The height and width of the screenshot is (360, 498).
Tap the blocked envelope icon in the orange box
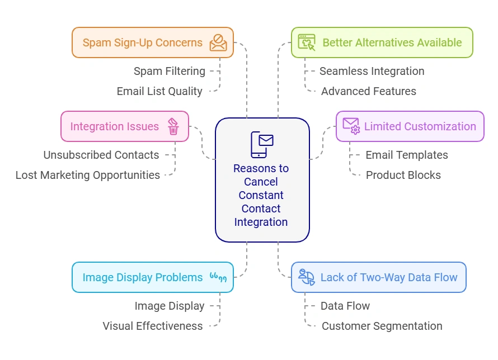[218, 42]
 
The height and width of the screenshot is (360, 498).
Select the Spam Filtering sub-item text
[169, 71]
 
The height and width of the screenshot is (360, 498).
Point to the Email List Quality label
[159, 91]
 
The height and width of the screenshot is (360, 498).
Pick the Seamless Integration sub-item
[372, 71]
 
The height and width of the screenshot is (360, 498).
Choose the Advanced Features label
[368, 91]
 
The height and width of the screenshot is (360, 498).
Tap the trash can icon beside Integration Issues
[173, 126]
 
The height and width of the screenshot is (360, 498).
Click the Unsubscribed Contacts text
[101, 155]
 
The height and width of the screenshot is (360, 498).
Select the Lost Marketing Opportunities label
[88, 175]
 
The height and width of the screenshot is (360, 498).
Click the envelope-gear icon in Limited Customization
[351, 126]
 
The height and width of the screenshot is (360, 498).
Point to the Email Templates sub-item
[406, 155]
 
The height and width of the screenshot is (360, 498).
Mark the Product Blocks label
[403, 175]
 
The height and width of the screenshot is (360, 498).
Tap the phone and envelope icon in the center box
[261, 144]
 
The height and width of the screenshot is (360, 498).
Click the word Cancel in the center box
[261, 182]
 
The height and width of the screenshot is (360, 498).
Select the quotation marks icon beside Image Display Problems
[218, 277]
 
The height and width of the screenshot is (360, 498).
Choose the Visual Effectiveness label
[153, 326]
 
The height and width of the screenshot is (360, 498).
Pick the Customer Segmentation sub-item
[382, 326]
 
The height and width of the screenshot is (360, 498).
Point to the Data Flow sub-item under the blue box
[345, 306]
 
